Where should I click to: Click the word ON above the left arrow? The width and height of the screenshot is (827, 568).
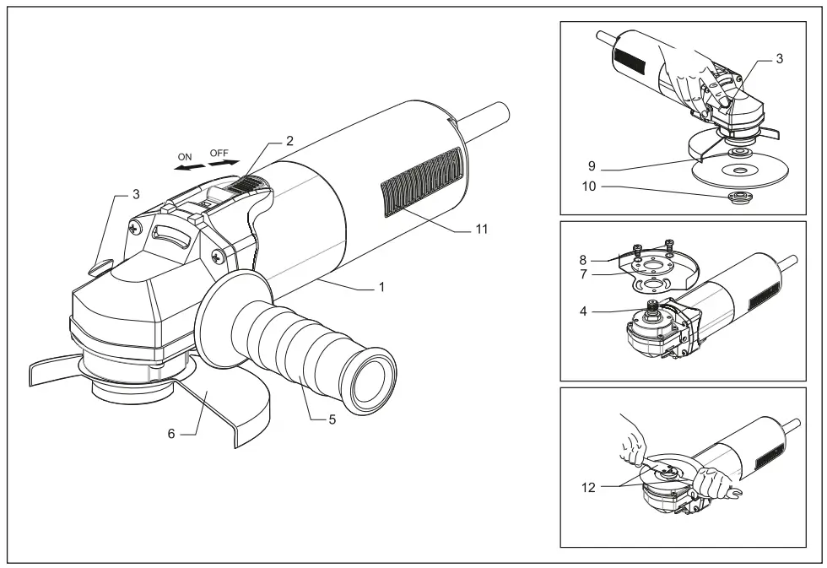(185, 157)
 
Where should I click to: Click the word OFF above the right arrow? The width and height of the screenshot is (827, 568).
(219, 153)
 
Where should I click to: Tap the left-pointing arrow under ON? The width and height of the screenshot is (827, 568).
(187, 169)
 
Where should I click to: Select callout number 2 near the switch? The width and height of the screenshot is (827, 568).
(289, 141)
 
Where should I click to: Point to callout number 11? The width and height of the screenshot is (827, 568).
(481, 229)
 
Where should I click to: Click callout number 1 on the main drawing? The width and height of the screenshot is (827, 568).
(381, 287)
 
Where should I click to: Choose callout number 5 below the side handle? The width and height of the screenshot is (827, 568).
(332, 419)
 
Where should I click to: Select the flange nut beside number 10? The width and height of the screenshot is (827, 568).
(739, 197)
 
